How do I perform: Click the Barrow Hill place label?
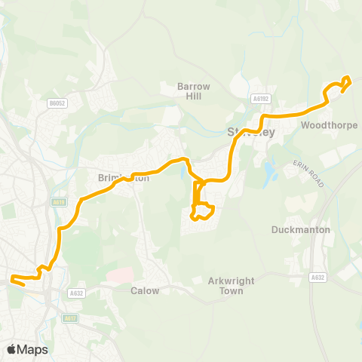coord(193,91)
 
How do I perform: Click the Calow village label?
coord(145,290)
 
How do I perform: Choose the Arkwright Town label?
coord(227,285)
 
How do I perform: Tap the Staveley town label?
coord(251,133)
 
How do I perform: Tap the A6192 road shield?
coord(261,99)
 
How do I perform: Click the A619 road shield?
coord(59,202)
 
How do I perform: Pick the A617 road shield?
coord(70,318)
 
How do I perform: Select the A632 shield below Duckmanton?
coord(318,278)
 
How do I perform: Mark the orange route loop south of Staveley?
coord(203,212)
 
